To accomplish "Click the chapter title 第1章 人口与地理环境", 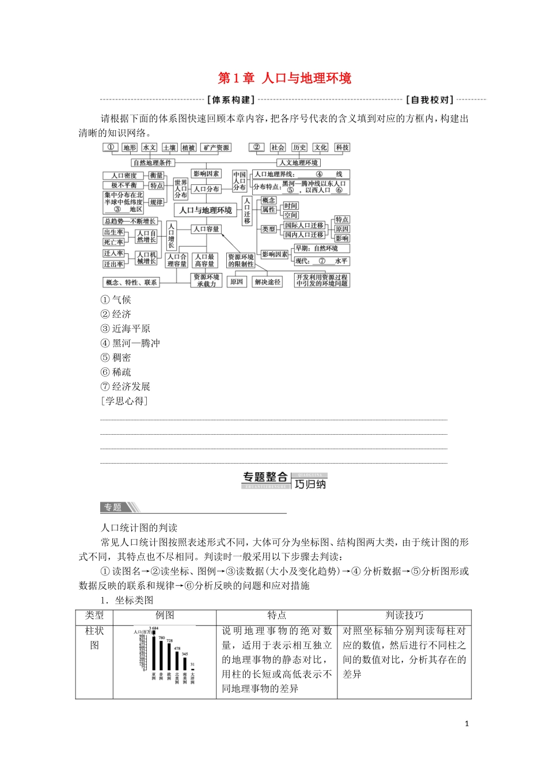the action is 284,78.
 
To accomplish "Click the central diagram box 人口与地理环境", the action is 206,210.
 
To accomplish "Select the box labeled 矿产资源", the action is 216,147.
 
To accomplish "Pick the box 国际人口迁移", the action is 304,225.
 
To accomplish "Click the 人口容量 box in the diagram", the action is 206,229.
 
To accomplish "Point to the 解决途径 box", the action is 268,282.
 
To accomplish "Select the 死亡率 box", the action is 113,242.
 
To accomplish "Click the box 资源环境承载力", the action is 206,280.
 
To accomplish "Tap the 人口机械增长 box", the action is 146,258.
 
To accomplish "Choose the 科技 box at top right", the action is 343,147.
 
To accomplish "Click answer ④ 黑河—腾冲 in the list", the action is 130,343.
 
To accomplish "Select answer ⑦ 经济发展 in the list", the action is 126,386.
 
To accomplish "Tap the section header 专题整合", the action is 265,477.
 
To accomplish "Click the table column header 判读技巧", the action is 404,616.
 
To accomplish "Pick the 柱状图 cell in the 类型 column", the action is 94,638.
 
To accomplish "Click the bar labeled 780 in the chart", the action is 161,657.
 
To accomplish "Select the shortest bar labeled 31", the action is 192,670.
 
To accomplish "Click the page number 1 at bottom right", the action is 467,723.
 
